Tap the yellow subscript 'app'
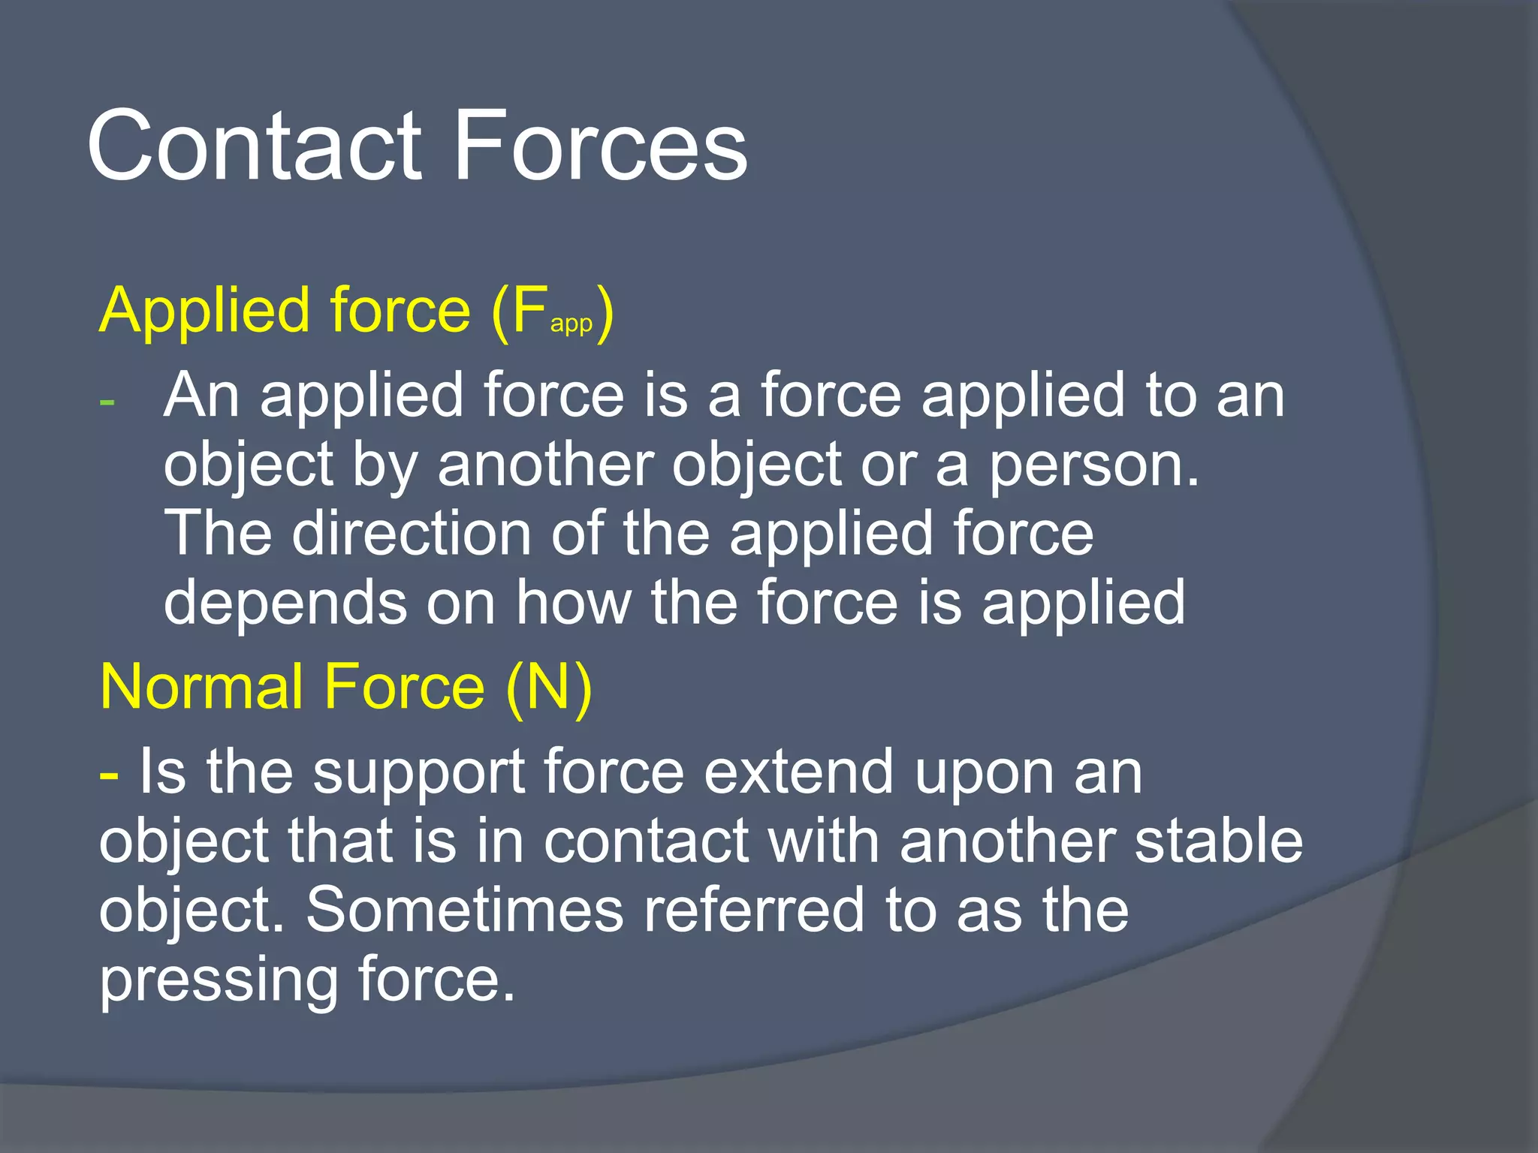click(571, 324)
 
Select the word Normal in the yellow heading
click(201, 687)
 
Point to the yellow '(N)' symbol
click(549, 687)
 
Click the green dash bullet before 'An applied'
click(107, 402)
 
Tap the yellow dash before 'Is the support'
click(109, 772)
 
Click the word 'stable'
click(1218, 841)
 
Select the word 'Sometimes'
click(465, 910)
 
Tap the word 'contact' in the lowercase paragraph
click(646, 841)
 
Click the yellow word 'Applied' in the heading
click(204, 312)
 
